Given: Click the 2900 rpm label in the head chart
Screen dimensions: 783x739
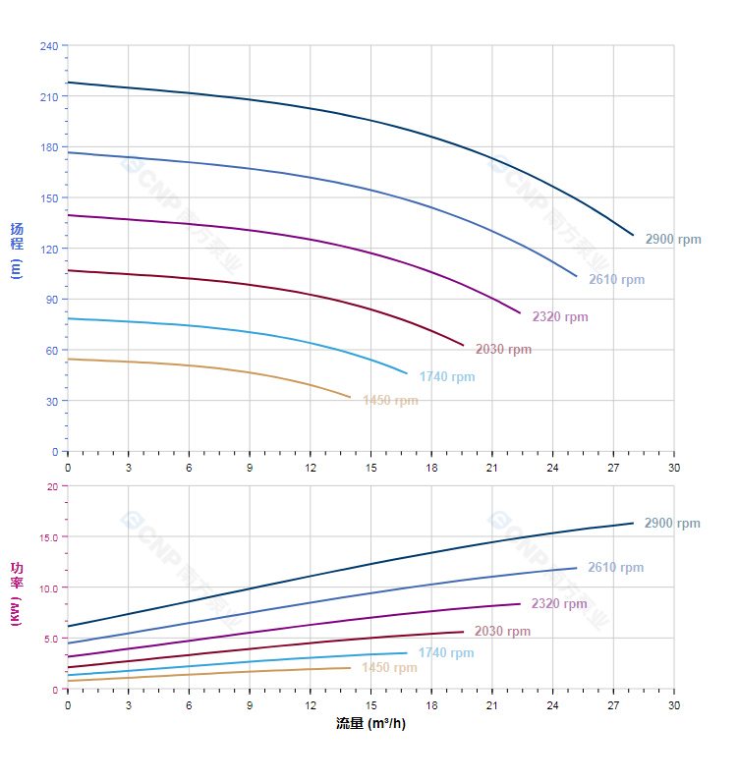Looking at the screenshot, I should [673, 239].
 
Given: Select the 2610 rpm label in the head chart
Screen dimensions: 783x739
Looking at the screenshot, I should [616, 279].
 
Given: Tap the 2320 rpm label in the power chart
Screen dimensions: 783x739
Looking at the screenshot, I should [558, 603].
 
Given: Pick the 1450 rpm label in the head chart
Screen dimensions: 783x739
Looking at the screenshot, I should [390, 400].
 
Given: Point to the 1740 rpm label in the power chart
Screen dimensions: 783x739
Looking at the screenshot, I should [445, 652].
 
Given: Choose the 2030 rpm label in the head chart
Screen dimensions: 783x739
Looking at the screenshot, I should [503, 349].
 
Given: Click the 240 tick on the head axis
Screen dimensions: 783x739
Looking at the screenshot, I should [49, 46].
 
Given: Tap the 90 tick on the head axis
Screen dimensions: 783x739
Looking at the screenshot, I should [52, 300].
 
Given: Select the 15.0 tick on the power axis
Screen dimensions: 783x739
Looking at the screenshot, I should [48, 536].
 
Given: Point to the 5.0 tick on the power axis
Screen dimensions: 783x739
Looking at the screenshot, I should [51, 639].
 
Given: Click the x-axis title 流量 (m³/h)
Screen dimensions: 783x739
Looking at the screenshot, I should [369, 724].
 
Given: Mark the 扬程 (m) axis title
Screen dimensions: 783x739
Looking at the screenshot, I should [17, 250].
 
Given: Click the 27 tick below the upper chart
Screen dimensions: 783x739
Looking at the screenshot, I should [613, 467].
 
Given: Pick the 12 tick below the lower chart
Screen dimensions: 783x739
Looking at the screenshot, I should [311, 704].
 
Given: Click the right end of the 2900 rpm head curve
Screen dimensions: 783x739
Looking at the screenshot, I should [634, 235].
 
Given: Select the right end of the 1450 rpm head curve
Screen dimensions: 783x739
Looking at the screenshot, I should [351, 398].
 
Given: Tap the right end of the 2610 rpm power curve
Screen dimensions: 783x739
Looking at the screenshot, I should [577, 568].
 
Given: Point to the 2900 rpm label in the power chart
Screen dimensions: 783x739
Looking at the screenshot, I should [672, 523].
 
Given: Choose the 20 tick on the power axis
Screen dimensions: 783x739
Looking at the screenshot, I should [51, 486].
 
